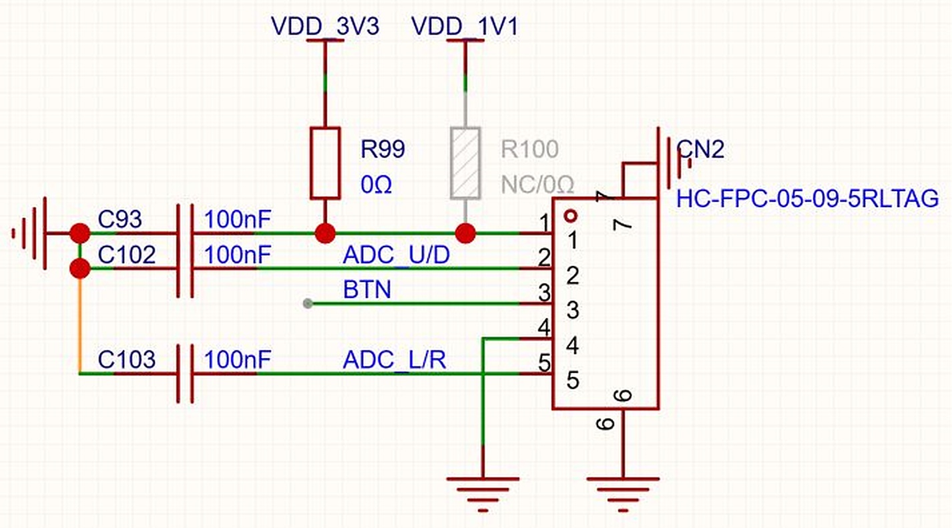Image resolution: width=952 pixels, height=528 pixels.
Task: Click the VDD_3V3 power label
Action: coord(325,26)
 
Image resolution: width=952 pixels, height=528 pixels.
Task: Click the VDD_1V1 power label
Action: coord(465,26)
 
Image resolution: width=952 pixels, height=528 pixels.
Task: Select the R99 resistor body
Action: coord(325,163)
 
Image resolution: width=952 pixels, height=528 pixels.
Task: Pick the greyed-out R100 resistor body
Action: coord(465,163)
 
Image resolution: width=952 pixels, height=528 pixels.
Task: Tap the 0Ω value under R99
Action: coord(376,184)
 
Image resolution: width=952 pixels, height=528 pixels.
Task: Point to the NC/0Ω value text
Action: coord(537,184)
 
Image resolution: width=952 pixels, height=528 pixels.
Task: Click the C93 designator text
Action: coord(120,219)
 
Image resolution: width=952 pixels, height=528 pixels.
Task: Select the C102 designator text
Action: coord(127,255)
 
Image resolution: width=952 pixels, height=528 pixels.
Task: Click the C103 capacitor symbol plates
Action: coord(186,374)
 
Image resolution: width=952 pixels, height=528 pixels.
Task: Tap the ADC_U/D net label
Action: coord(396,255)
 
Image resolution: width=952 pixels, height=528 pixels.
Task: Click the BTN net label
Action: coord(367,290)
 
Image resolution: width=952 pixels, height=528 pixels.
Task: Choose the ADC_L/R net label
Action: coord(395,360)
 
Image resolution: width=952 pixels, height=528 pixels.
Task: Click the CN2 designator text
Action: coord(700,149)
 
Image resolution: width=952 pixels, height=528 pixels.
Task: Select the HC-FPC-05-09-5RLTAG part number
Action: coord(808,199)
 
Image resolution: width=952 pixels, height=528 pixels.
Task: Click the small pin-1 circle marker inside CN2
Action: coord(570,216)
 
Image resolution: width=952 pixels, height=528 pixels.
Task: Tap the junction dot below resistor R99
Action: coord(325,233)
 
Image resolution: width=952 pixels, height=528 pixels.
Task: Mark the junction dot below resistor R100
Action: coord(465,233)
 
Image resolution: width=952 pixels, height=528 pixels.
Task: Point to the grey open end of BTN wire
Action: coord(308,303)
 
